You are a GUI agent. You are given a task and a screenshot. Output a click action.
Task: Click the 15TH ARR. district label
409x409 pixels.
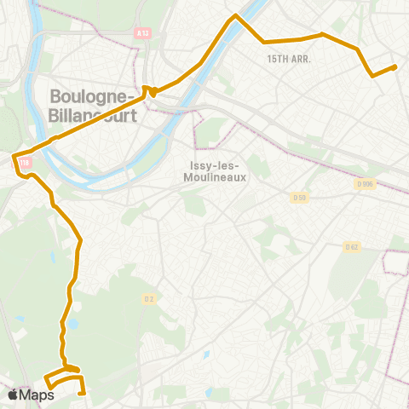point(289,60)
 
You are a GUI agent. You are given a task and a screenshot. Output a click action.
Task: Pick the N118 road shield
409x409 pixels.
point(23,163)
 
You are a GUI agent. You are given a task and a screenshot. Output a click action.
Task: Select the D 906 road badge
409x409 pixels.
point(366,183)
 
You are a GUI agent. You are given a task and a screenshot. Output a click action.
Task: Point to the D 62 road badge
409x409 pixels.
point(352,247)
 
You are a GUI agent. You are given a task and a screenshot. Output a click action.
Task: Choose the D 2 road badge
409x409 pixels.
point(148,298)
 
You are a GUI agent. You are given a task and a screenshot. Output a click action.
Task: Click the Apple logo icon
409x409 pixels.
point(14,395)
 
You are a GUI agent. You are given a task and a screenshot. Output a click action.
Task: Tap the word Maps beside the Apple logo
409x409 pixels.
point(37,395)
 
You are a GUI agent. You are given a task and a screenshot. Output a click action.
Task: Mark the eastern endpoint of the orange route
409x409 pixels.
point(395,66)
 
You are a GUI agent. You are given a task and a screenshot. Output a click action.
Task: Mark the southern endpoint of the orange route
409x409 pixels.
point(83,394)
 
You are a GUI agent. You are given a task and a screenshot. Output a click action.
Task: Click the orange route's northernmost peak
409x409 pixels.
point(236,15)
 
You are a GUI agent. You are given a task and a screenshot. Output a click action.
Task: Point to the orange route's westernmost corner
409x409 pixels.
point(14,156)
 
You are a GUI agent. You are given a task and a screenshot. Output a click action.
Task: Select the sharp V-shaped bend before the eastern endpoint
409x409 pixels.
point(372,76)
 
